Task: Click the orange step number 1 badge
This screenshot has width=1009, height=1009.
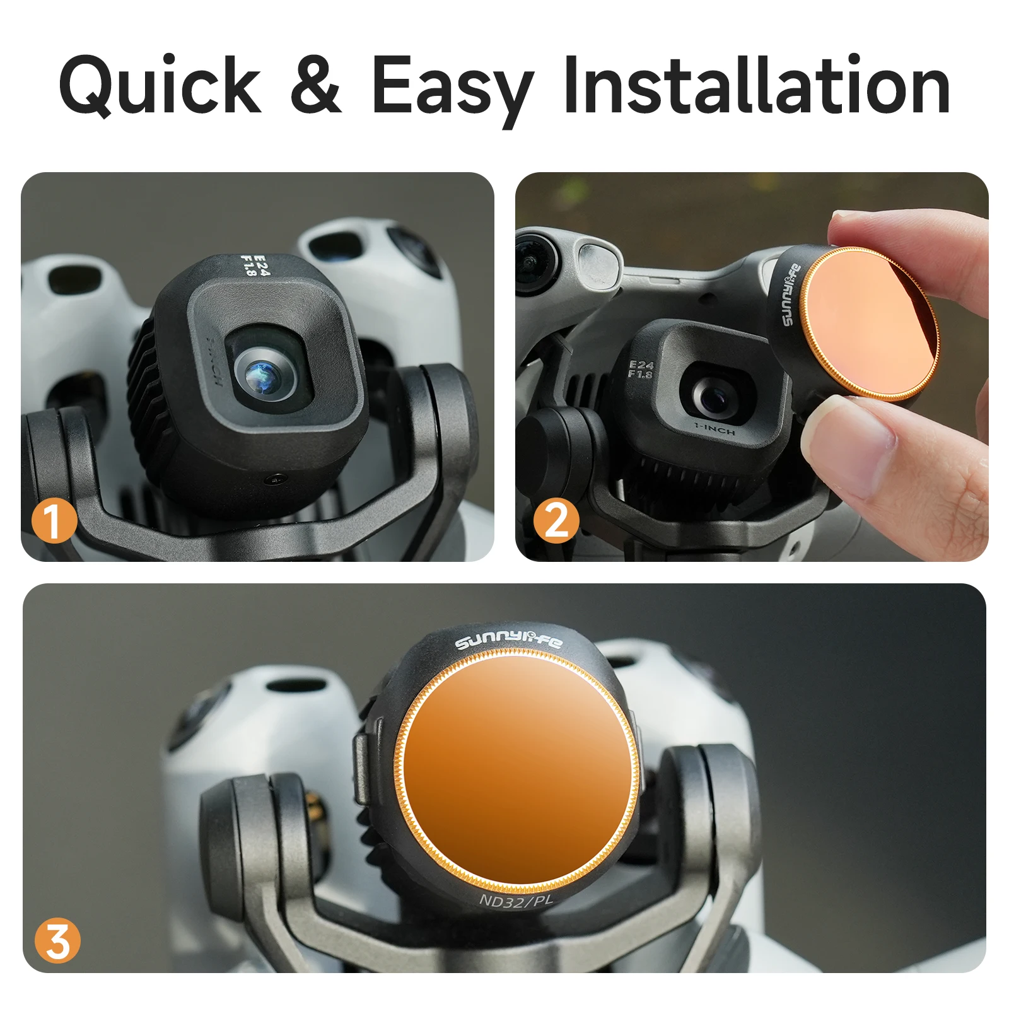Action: click(54, 520)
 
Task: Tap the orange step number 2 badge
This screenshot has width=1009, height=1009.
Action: click(556, 520)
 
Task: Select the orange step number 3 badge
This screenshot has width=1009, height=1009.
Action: click(57, 941)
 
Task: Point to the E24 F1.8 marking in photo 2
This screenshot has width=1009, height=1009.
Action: click(641, 369)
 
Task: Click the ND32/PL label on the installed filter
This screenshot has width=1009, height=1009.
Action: click(516, 901)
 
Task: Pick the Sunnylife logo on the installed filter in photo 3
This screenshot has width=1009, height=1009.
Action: click(508, 642)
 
